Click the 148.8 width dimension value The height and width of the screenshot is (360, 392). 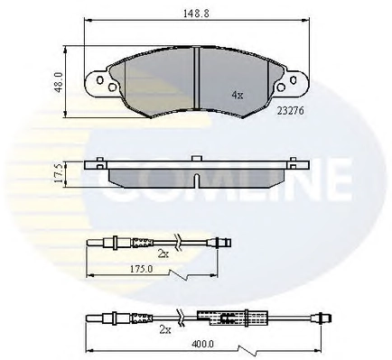(196, 14)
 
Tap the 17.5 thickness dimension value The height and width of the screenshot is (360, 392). (60, 172)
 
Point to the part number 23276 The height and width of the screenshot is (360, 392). (290, 111)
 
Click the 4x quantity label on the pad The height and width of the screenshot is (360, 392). (238, 96)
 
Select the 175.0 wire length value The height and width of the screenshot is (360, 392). (141, 269)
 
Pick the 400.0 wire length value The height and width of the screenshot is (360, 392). (203, 344)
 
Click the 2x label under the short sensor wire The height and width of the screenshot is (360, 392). (163, 254)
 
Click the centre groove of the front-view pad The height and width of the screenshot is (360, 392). (196, 78)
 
